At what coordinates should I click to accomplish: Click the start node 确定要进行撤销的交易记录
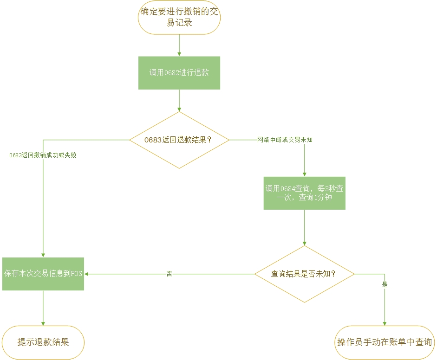point(179,18)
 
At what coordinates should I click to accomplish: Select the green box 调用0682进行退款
point(179,73)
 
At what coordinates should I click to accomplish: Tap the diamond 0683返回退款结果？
point(179,140)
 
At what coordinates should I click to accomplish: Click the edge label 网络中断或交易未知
point(285,140)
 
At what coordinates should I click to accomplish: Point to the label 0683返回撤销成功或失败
point(43,155)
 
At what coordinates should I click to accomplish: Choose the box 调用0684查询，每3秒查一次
point(304,193)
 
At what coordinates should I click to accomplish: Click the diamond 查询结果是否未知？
point(304,274)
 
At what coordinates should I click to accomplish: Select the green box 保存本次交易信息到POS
point(43,274)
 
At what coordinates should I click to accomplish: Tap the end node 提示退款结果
point(43,342)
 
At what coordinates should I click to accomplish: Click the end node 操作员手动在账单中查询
point(385,342)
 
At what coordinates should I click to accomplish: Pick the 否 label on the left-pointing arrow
point(169,274)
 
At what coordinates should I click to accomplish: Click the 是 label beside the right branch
point(385,285)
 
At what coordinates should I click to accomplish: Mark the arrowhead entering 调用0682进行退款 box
point(179,54)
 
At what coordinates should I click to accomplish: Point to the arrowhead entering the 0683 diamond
point(179,109)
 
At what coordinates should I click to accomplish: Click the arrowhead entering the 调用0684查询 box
point(304,174)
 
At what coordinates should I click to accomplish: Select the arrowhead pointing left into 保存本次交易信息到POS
point(87,274)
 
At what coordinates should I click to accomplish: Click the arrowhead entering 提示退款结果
point(43,323)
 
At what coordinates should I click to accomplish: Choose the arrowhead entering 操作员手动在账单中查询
point(385,323)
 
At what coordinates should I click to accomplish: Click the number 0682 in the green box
point(171,73)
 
